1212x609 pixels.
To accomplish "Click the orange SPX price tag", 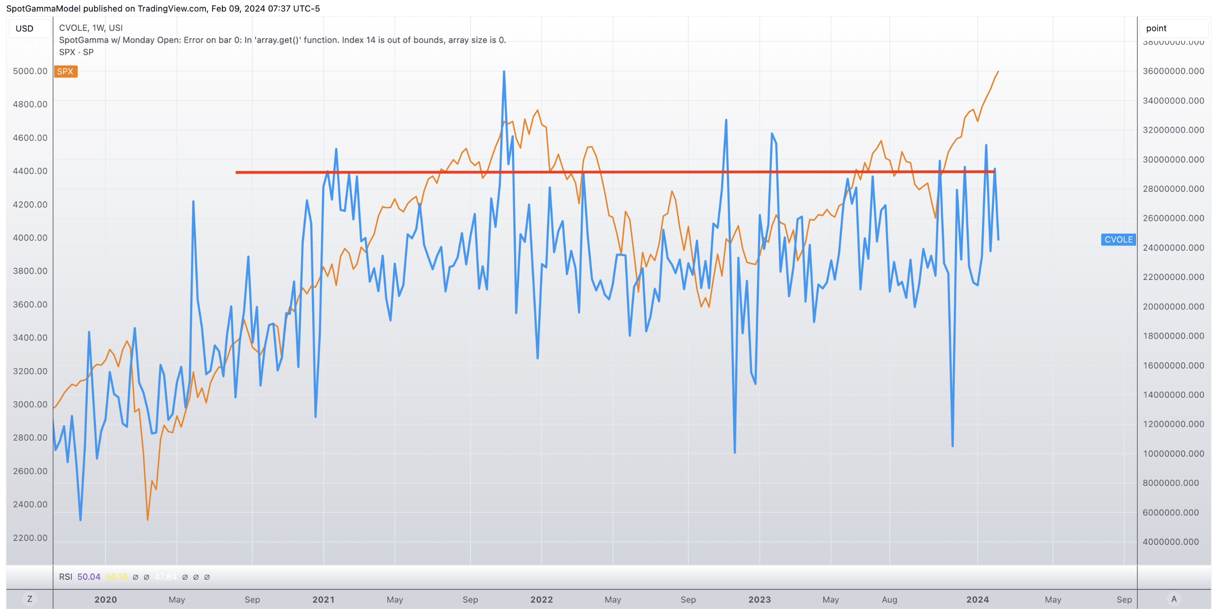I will pos(65,71).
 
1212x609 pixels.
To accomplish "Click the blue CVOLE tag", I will pos(1118,240).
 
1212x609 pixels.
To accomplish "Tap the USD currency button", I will pos(25,29).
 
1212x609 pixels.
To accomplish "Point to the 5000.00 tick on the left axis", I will pos(30,71).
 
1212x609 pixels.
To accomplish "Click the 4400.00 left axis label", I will pos(30,171).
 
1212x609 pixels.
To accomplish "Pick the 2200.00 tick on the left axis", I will pos(30,538).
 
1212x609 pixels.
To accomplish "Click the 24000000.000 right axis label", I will pos(1173,247).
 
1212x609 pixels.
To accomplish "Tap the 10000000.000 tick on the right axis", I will pos(1173,453).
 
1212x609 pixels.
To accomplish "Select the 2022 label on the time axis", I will pos(541,599).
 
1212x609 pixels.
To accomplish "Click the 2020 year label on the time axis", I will pos(105,599).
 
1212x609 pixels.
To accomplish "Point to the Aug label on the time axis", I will pos(889,599).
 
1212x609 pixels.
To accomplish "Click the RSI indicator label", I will pos(65,577).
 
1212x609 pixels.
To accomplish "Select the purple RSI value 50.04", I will pos(89,577).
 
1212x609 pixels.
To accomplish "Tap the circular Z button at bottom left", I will pos(30,599).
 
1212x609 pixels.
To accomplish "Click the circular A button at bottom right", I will pos(1174,599).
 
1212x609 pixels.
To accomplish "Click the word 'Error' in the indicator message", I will pos(194,40).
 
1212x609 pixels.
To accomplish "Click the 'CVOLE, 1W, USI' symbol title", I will pos(91,28).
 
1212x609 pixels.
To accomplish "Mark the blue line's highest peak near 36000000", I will pos(504,71).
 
